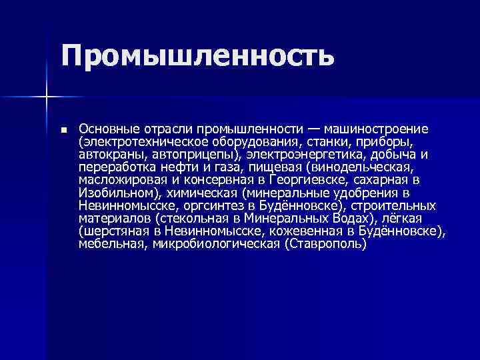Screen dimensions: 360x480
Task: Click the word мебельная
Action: [x=111, y=244]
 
